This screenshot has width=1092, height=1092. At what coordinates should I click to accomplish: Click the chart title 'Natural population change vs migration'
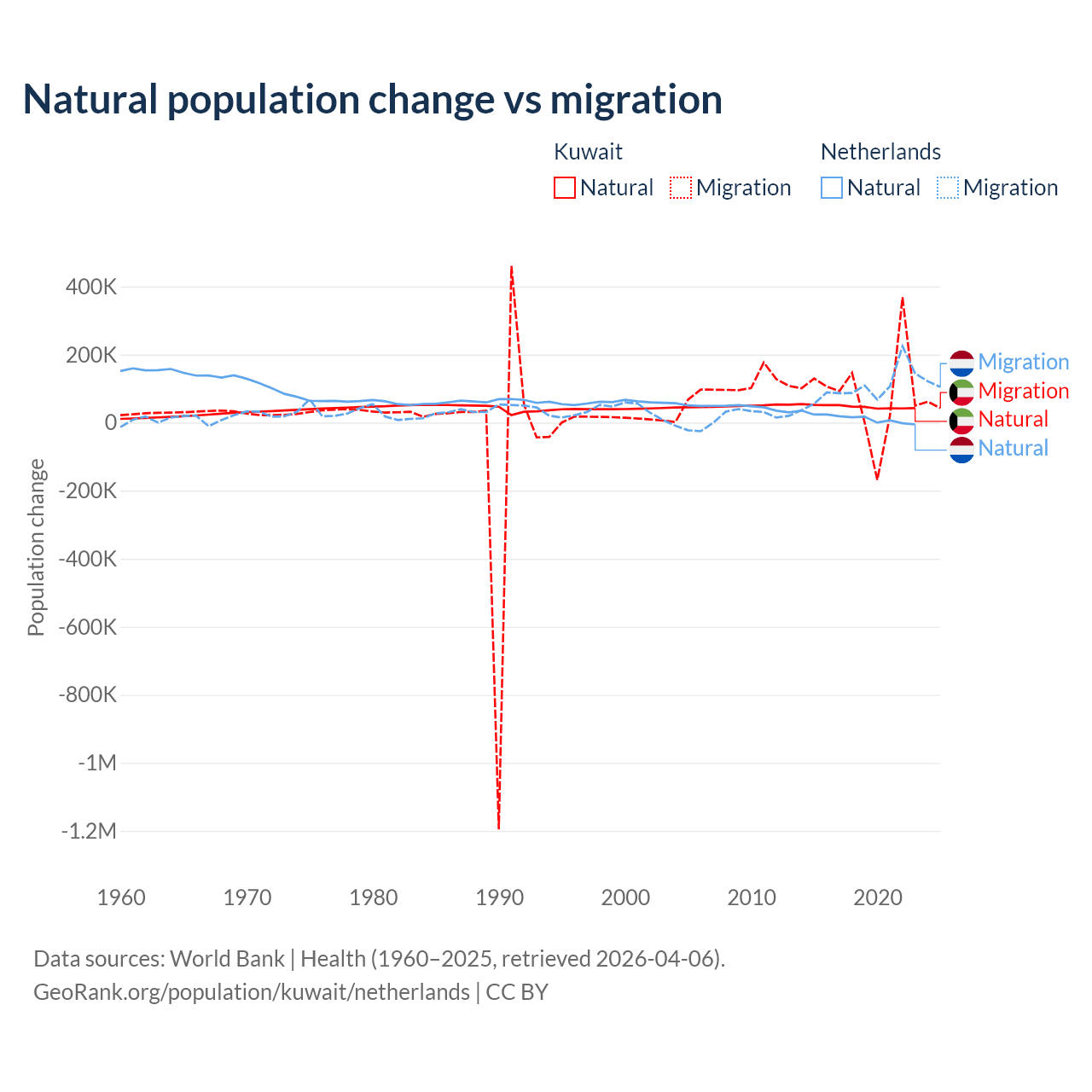click(x=373, y=99)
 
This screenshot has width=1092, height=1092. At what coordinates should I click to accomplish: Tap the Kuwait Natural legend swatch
click(x=565, y=188)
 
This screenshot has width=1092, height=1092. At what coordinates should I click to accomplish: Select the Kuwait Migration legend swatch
click(x=681, y=188)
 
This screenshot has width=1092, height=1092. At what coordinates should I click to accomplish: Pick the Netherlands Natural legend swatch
click(x=832, y=188)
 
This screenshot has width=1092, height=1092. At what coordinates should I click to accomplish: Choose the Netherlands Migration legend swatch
click(x=948, y=188)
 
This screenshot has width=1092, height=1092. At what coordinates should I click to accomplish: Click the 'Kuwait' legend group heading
click(x=588, y=152)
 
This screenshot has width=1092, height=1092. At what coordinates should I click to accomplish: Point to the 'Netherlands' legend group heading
click(x=880, y=152)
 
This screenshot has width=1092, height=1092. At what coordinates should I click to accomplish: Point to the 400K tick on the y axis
click(x=91, y=287)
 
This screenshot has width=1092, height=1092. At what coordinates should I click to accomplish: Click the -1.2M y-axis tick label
click(x=89, y=831)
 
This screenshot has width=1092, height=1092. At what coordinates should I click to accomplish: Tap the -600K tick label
click(x=88, y=627)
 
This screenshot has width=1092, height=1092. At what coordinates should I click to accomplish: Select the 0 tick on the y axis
click(x=111, y=422)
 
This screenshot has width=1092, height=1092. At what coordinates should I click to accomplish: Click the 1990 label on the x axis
click(x=499, y=897)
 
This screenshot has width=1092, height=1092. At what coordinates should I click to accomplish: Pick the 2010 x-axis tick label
click(x=752, y=897)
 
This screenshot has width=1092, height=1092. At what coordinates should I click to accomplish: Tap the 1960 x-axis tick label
click(x=121, y=897)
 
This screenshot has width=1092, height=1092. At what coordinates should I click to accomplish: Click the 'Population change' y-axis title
click(x=36, y=547)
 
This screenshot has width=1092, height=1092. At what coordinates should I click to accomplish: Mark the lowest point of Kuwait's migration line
click(x=498, y=828)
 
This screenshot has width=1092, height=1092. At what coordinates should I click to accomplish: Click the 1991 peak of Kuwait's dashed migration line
click(x=511, y=266)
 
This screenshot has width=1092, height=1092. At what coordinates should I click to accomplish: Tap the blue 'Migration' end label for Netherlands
click(x=1023, y=362)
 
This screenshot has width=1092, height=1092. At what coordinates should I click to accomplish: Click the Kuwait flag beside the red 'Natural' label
click(x=961, y=420)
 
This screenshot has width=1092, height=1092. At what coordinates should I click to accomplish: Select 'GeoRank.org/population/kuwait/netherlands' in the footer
click(x=252, y=992)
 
